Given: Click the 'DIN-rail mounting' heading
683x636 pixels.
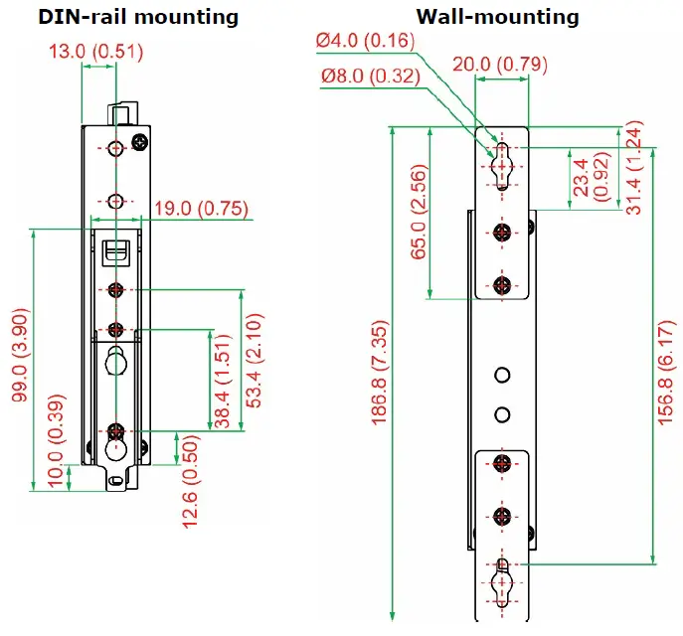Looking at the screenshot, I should (x=123, y=17).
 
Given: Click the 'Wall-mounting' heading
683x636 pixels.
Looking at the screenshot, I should (x=497, y=17).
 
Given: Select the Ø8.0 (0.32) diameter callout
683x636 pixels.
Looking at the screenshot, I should (x=368, y=76).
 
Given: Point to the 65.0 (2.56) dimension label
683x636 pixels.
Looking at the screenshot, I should (x=419, y=214).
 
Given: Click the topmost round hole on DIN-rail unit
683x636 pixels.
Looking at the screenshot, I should (x=116, y=148).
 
